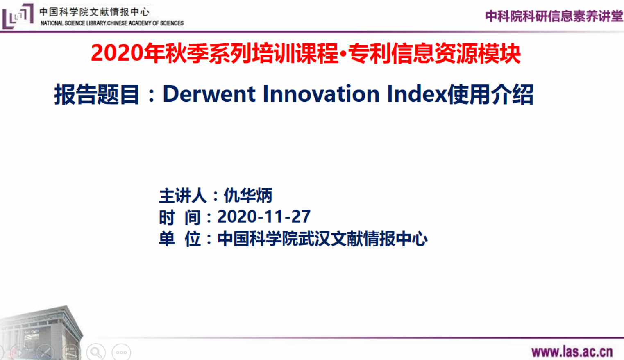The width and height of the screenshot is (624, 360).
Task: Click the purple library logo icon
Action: pos(18,16)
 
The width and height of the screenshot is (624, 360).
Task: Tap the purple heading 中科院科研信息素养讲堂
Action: pos(554,16)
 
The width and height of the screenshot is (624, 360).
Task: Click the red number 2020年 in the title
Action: pos(128,53)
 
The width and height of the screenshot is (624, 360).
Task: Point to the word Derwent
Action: pos(209,94)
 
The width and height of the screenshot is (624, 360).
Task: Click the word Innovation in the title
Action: pos(321,94)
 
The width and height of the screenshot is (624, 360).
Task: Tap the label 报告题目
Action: pos(97,94)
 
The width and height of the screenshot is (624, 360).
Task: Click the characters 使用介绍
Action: pos(490,94)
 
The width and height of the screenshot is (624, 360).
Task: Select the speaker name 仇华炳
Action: pos(248,195)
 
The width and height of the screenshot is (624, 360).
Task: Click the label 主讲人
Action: pos(183,195)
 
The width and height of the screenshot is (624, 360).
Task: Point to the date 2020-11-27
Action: pos(264,216)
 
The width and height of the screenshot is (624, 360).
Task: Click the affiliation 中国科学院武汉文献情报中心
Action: pos(322,239)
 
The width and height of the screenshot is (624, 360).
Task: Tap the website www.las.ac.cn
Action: pos(572,352)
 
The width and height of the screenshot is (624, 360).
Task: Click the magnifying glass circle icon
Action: pos(96,353)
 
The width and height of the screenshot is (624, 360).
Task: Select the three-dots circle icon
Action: pos(121,353)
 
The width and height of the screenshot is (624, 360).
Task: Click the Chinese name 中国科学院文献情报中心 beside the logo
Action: pos(94,12)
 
